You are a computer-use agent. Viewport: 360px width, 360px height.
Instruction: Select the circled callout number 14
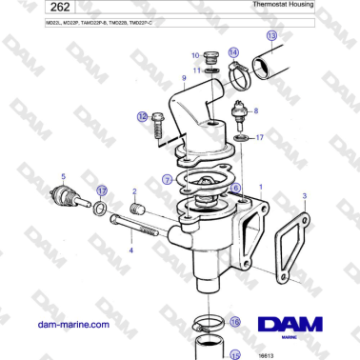234,53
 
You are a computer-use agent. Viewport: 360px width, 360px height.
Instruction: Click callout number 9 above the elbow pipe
184,77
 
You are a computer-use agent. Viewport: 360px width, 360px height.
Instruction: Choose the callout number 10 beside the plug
194,55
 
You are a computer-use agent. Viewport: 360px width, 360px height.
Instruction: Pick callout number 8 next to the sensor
255,110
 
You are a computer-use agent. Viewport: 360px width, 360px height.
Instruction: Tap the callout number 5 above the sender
63,176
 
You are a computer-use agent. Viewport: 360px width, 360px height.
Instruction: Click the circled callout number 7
168,178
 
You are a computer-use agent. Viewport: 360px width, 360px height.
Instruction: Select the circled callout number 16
235,322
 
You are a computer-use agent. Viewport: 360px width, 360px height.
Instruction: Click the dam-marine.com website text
69,324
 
